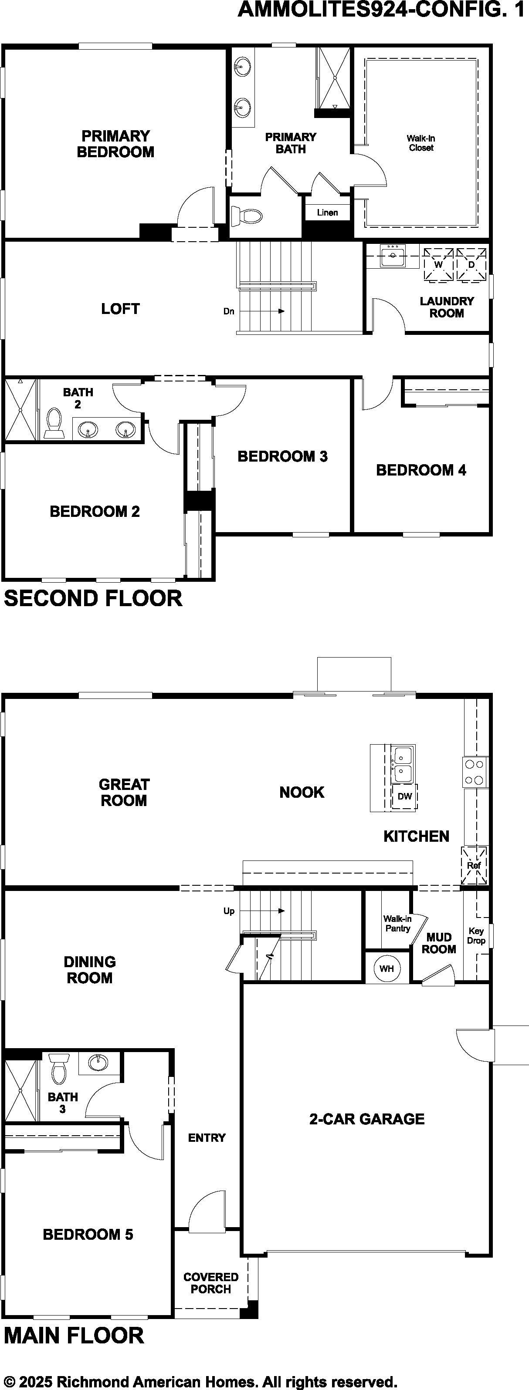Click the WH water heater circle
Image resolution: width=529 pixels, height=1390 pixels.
387,968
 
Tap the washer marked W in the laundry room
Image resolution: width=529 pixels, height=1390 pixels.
438,264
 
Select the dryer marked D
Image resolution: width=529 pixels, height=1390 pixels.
471,264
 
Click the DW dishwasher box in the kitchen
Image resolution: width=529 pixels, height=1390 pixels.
404,796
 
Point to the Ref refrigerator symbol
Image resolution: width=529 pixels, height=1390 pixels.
474,865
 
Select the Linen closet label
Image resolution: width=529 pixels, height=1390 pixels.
327,213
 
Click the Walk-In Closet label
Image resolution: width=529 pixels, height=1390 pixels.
421,143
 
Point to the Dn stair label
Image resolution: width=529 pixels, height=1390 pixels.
229,311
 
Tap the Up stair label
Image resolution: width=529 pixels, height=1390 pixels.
229,911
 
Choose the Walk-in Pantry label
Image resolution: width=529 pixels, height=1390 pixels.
398,923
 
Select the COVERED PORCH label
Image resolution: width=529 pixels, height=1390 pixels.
211,1283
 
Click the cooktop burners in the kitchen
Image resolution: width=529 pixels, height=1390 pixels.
475,772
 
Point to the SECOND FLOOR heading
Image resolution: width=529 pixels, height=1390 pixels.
93,599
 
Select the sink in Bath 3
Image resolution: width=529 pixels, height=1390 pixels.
99,1063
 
